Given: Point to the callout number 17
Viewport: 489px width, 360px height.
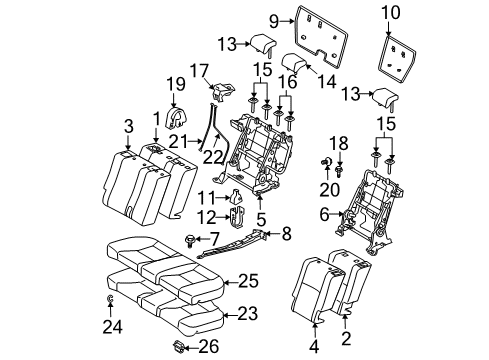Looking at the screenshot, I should click(200, 69).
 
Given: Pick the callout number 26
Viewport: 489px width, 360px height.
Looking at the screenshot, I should click(208, 347).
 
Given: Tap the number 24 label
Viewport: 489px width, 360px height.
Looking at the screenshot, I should click(111, 325).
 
